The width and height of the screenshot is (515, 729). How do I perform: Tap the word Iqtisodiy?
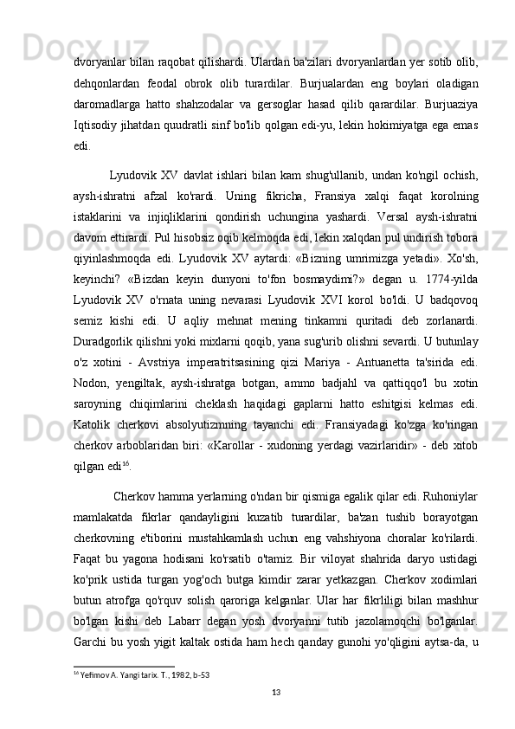click(x=96, y=126)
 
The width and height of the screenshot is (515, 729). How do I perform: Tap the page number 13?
click(x=276, y=690)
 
